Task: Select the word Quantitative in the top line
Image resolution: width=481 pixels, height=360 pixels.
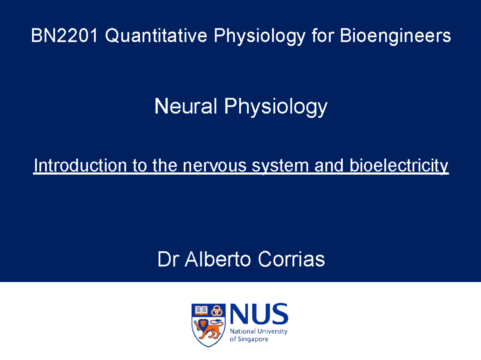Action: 156,36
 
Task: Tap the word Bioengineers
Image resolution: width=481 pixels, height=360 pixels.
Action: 395,36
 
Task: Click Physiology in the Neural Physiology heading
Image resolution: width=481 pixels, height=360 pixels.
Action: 276,107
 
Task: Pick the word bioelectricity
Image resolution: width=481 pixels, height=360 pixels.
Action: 399,166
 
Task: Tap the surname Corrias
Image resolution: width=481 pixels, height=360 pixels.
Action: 291,259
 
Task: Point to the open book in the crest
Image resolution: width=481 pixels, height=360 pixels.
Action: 201,310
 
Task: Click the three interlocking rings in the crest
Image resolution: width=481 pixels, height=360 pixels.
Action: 217,310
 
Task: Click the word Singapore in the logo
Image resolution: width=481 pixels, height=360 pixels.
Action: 253,339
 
